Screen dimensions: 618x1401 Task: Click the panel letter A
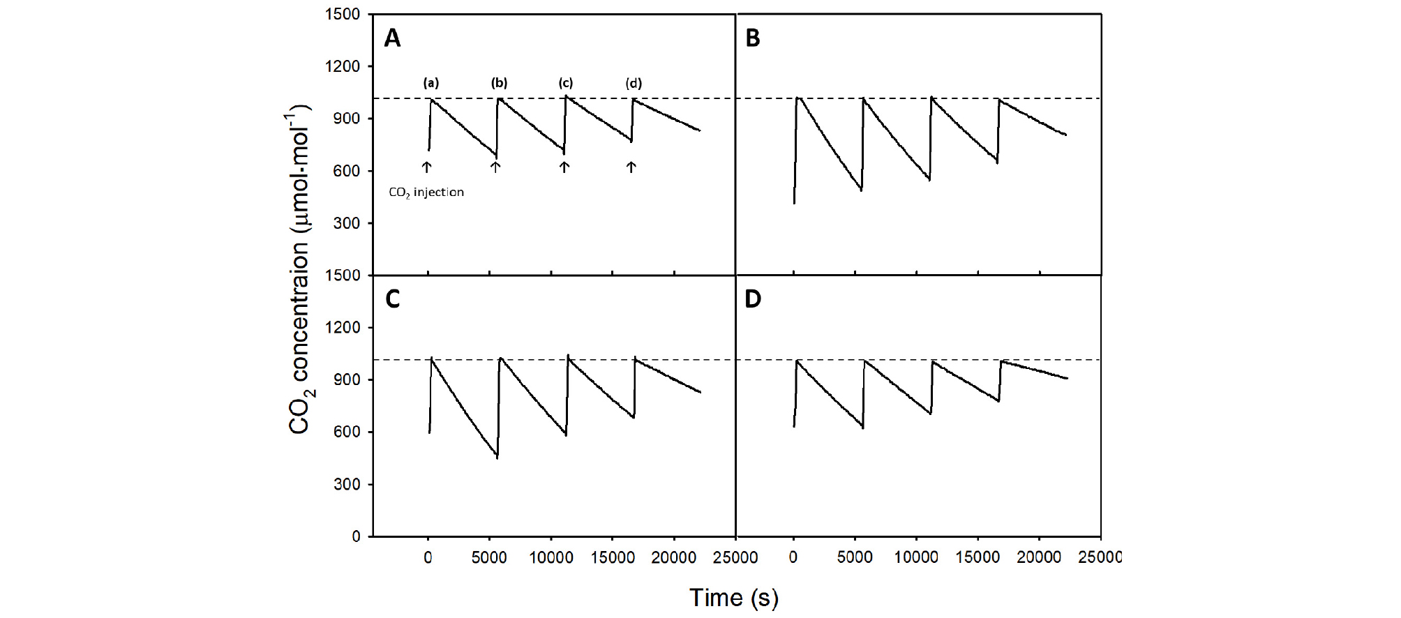[393, 38]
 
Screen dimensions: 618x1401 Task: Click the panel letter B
[752, 38]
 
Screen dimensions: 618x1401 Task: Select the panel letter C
[393, 299]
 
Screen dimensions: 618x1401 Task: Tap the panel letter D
[753, 299]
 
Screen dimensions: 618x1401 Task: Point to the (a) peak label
[431, 83]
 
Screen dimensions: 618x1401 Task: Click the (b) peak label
[499, 83]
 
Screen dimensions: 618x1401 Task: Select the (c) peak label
[565, 83]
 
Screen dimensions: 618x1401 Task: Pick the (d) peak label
[634, 84]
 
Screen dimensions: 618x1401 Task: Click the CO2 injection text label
[426, 192]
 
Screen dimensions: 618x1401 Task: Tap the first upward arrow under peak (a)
[426, 167]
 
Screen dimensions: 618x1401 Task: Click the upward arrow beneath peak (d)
[631, 167]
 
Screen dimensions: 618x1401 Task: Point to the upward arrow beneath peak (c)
[564, 167]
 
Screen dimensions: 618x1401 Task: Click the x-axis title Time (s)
[734, 598]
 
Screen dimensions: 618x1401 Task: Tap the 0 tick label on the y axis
[356, 536]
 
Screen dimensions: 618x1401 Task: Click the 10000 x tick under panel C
[551, 557]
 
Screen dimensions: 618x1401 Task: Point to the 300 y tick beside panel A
[347, 223]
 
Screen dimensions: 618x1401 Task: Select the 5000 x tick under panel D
[855, 557]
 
